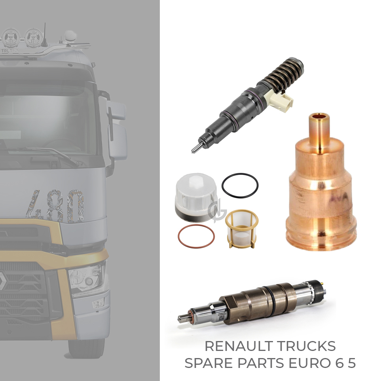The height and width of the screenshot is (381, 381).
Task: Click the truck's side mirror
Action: (x=116, y=131)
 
